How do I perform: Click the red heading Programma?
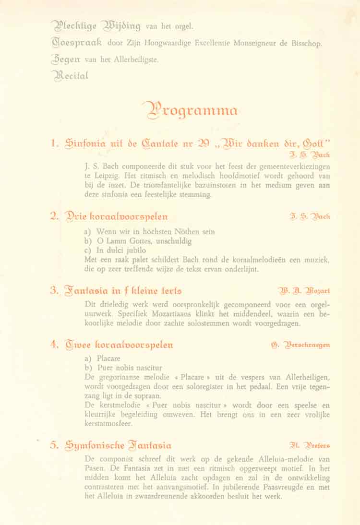(190, 110)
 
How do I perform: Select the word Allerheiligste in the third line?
(136, 60)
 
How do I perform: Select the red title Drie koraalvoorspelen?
(116, 216)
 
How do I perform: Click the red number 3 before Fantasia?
(54, 290)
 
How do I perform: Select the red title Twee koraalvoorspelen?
(119, 345)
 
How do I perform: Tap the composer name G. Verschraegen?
(300, 345)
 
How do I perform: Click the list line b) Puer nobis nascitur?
(123, 368)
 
